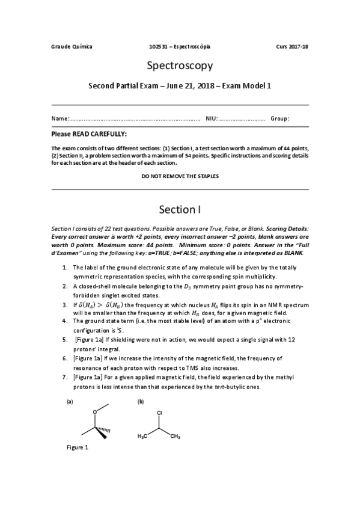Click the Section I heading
tap(180, 210)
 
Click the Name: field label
tap(60, 118)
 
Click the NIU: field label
tap(212, 118)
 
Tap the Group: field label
tap(280, 118)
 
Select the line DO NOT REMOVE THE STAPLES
tap(180, 176)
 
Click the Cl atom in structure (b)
tap(159, 413)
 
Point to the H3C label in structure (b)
tap(143, 436)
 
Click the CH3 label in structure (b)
tap(175, 436)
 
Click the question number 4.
tap(64, 321)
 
